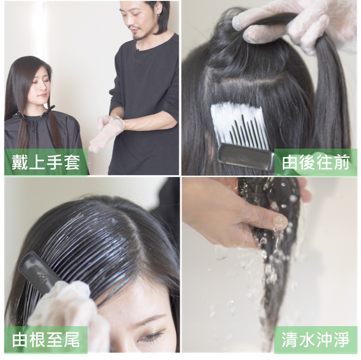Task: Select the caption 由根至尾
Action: (x=46, y=340)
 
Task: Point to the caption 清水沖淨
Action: (x=316, y=340)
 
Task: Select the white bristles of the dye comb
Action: (x=239, y=124)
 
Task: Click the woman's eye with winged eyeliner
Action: (x=151, y=335)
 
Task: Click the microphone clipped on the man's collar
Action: (x=136, y=50)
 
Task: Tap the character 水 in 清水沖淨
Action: (x=307, y=340)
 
